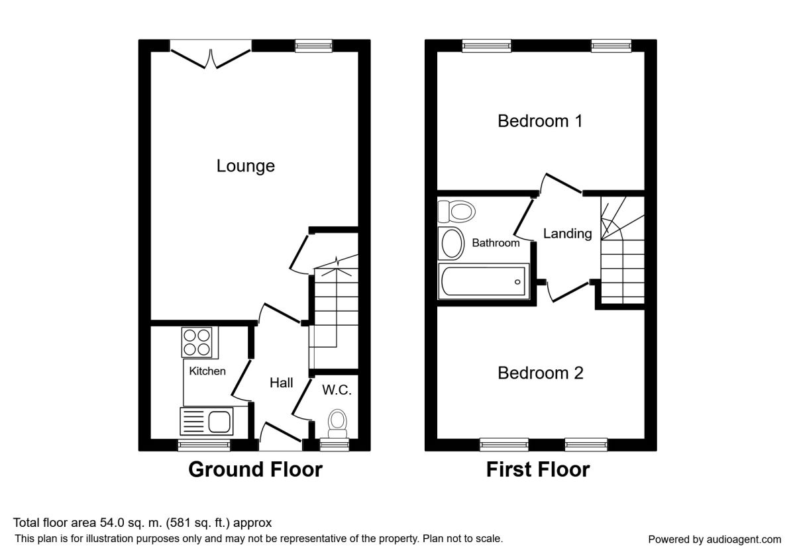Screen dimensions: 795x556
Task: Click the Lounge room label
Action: (x=246, y=166)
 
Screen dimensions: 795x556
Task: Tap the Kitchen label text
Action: (x=207, y=371)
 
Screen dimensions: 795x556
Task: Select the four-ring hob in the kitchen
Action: (x=197, y=342)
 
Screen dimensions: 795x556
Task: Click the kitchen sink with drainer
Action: (x=207, y=421)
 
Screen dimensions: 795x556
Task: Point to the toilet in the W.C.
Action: (x=337, y=424)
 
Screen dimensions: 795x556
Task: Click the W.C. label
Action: (x=337, y=390)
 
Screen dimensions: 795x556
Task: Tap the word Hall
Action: (x=281, y=383)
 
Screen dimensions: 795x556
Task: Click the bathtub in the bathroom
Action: (x=484, y=281)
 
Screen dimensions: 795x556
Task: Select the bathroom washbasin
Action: (x=451, y=244)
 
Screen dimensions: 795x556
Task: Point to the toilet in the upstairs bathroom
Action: (x=456, y=212)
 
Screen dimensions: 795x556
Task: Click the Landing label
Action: (x=568, y=233)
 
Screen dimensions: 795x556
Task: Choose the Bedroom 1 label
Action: (x=540, y=121)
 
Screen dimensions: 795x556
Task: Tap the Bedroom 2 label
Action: (x=541, y=373)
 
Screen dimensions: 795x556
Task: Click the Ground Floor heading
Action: (x=255, y=469)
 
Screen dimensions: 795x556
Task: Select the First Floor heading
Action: (x=538, y=469)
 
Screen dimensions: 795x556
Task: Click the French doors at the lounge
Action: (x=211, y=54)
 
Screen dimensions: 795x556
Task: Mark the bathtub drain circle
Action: (x=517, y=282)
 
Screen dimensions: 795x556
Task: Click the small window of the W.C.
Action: (x=335, y=444)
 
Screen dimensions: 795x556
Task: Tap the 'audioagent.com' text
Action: (x=744, y=539)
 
